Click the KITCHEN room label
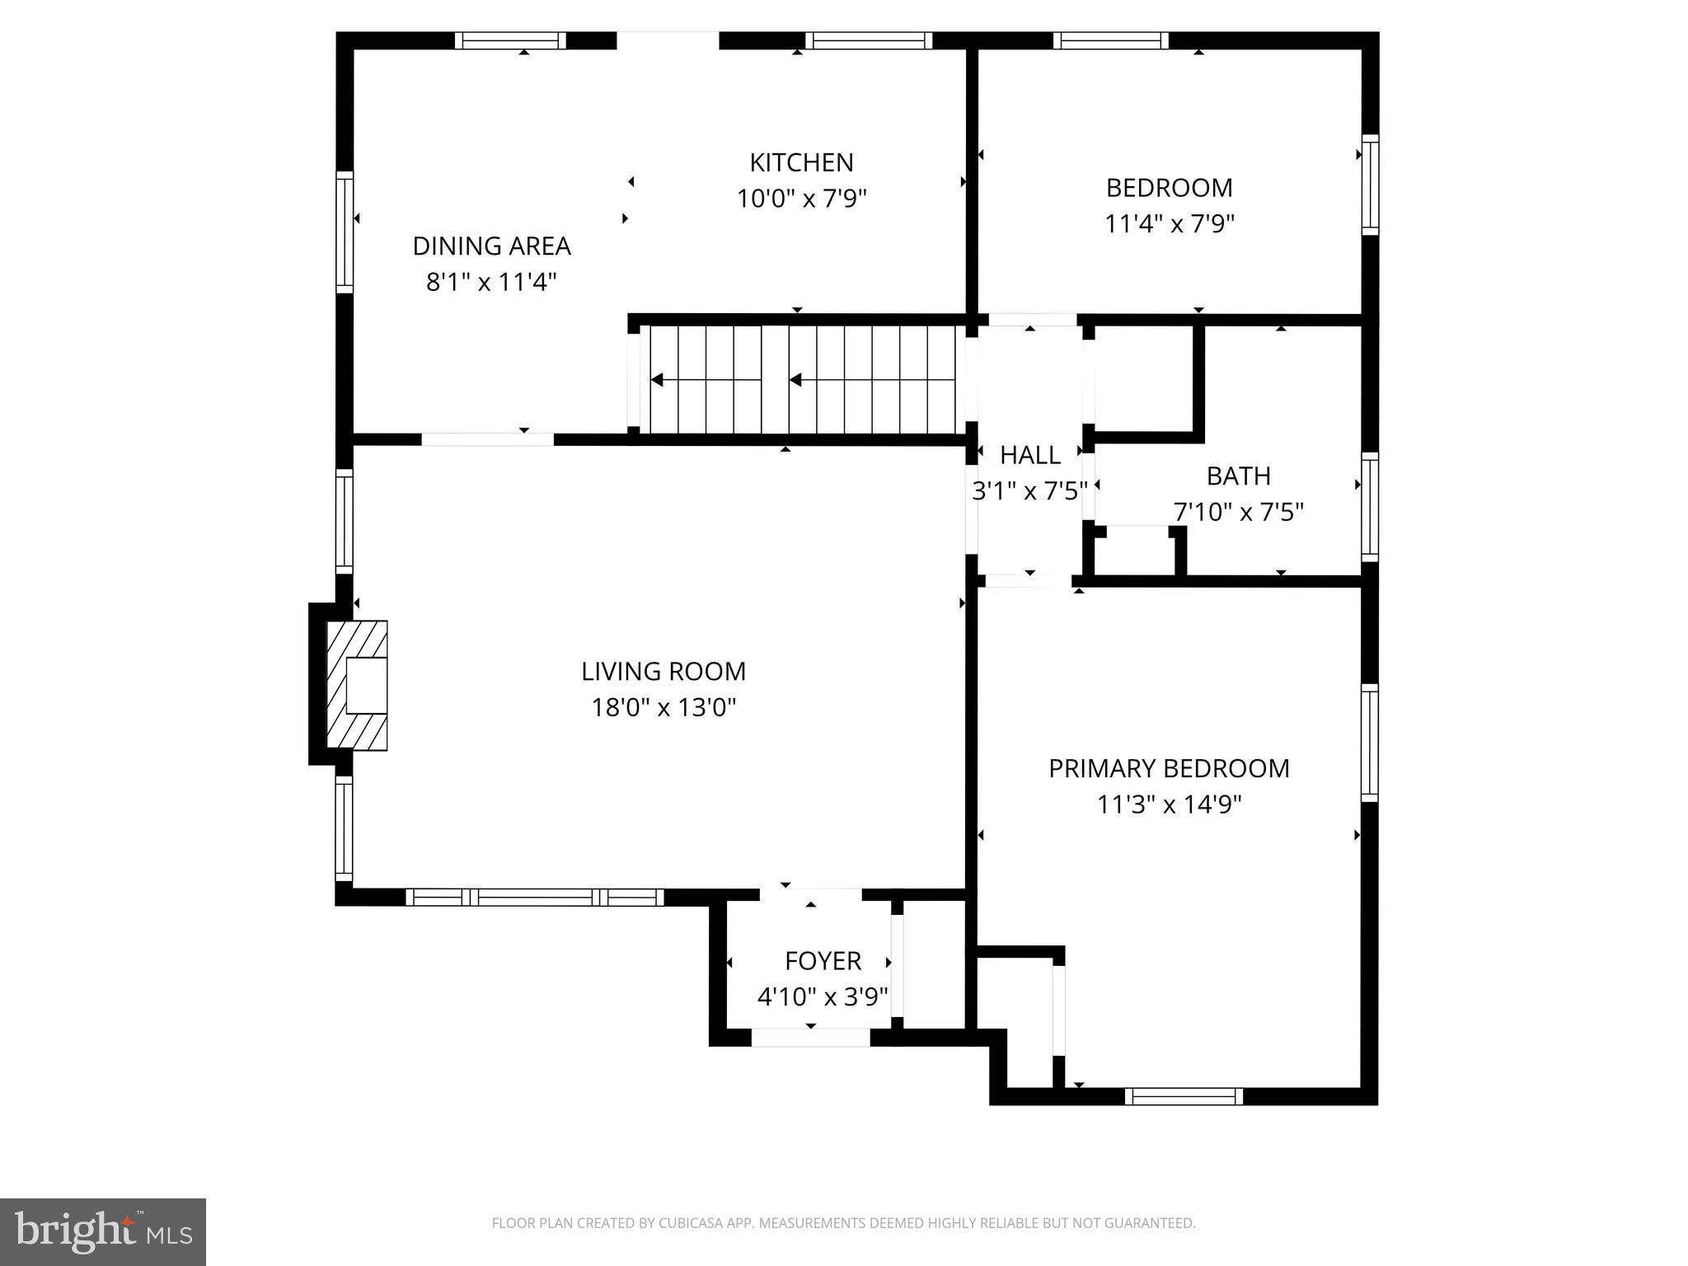tap(801, 162)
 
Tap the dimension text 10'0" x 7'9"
tap(801, 199)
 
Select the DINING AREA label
tap(491, 246)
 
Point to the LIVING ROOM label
tap(663, 672)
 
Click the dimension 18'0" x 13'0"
tap(663, 708)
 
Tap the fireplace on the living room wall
tap(358, 685)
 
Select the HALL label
tap(1029, 455)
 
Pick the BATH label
tap(1238, 476)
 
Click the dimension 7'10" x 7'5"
tap(1238, 513)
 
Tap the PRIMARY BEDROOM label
tap(1169, 768)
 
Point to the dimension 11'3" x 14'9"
tap(1169, 804)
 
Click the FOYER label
tap(823, 961)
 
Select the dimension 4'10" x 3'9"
tap(823, 997)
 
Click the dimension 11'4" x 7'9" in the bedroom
tap(1169, 224)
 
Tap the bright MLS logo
tap(103, 1232)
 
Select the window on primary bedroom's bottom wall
tap(1184, 1096)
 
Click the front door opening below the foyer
tap(811, 1038)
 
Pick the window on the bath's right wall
tap(1369, 507)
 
